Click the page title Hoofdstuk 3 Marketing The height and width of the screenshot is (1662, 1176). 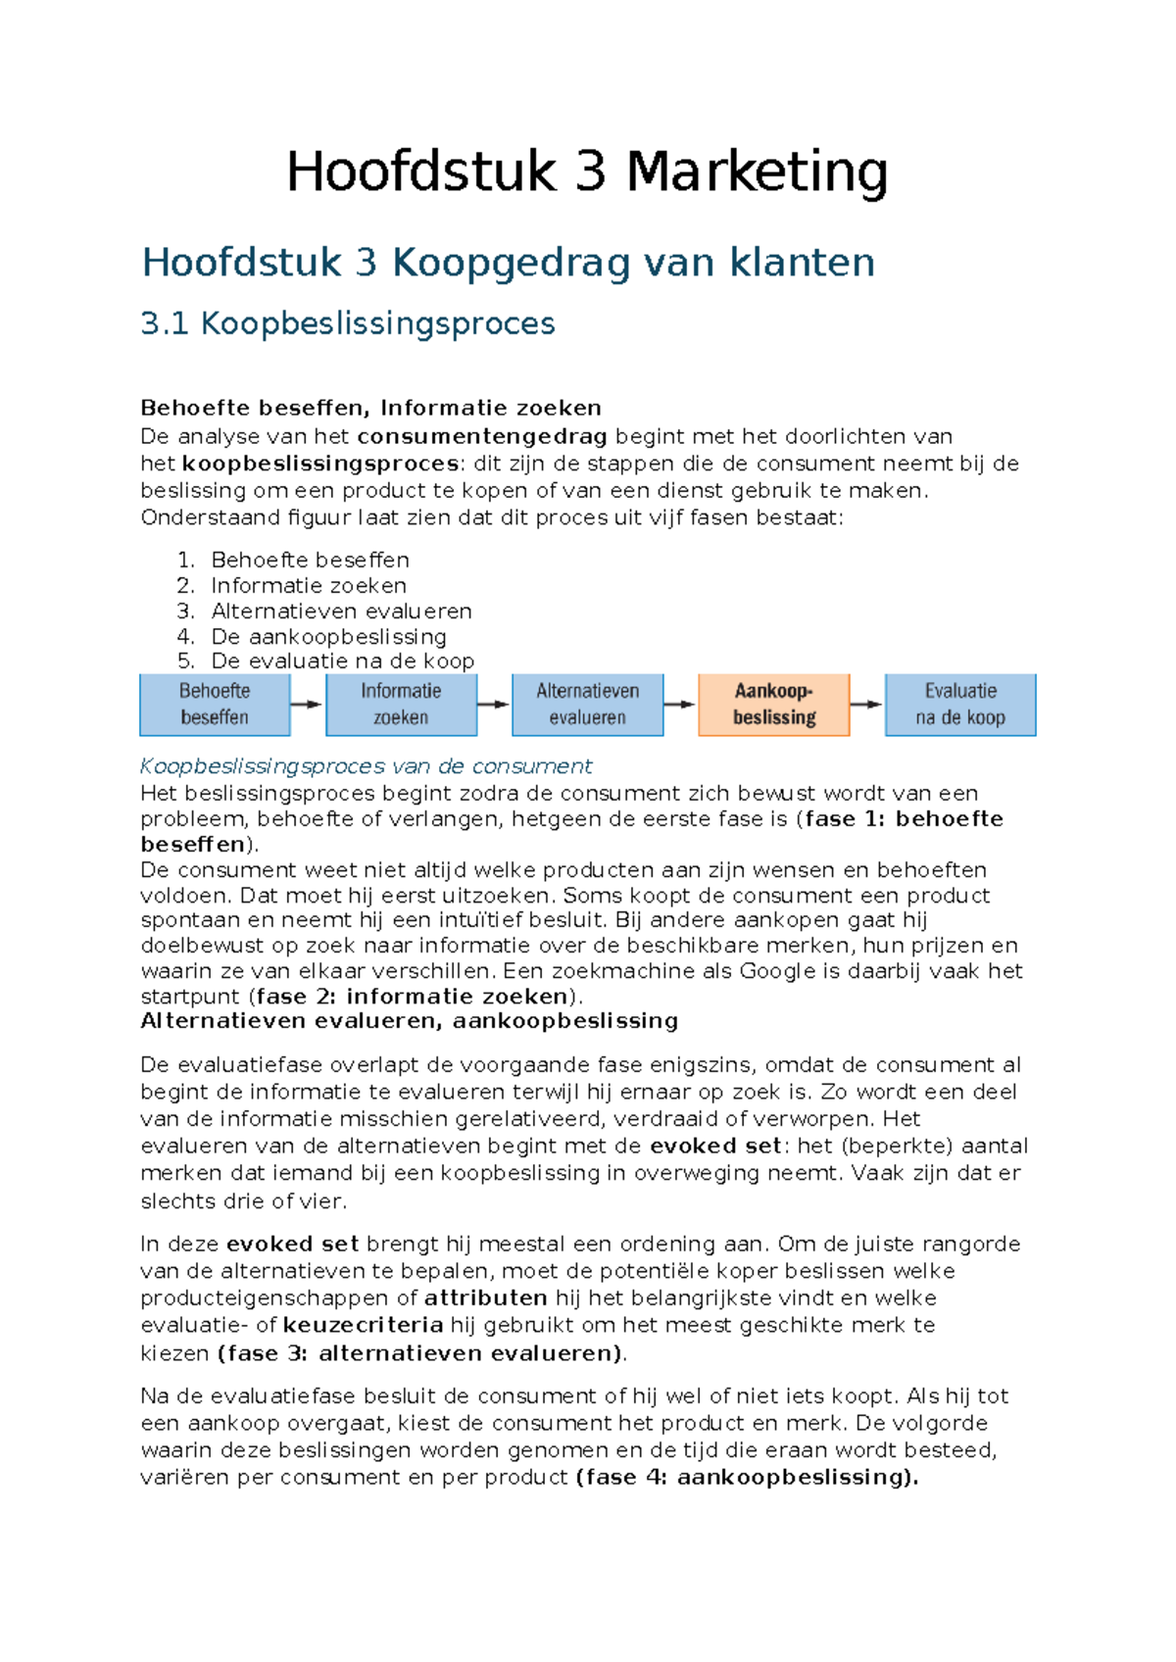coord(587,172)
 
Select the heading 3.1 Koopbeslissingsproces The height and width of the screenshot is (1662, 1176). coord(348,323)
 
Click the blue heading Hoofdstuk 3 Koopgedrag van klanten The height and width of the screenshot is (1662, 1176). coord(508,263)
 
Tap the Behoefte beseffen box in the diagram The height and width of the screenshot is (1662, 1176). coord(215,704)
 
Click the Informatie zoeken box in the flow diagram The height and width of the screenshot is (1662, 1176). coord(401,704)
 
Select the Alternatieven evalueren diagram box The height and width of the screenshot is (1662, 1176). coord(587,704)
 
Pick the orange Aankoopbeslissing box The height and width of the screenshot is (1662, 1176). coord(773,704)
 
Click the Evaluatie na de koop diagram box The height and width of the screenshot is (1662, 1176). coord(960,704)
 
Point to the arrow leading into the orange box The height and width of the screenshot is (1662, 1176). coord(679,704)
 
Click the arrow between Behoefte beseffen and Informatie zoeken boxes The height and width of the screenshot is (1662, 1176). coord(307,704)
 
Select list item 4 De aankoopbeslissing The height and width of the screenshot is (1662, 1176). coord(328,636)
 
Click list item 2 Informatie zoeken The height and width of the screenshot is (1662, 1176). coord(308,585)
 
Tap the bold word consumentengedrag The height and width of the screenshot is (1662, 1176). coord(482,436)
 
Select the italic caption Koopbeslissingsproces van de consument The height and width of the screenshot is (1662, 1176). coord(366,765)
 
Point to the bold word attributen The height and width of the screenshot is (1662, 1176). coord(485,1297)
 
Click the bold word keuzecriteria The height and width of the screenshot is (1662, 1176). coord(363,1325)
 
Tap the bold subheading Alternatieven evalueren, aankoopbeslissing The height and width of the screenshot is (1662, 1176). coord(409,1021)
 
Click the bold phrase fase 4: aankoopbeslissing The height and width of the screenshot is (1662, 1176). coord(746,1477)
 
